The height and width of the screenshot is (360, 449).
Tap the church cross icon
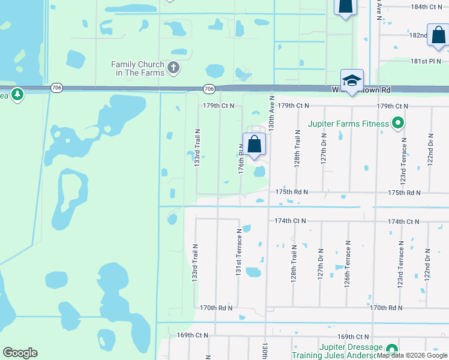174,67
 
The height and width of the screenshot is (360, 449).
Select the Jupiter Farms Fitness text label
349,124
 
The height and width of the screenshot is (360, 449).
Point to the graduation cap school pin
352,81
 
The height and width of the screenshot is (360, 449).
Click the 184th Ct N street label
426,7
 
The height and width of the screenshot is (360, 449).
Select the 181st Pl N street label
426,61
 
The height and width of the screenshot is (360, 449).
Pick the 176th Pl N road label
241,162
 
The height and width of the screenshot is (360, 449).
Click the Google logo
20,353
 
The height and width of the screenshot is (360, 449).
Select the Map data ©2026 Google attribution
412,356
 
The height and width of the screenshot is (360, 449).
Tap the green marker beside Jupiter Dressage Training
391,349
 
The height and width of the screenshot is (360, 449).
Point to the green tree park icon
17,94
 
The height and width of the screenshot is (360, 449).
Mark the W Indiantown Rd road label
361,90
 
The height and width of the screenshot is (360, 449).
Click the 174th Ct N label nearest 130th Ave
290,221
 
